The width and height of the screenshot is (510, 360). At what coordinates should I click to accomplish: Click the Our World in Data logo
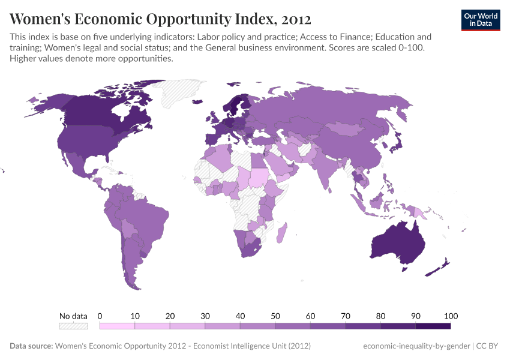tap(480, 20)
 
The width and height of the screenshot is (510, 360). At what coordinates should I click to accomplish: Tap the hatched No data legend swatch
tap(73, 326)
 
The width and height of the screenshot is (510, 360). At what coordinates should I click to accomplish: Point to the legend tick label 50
tap(275, 316)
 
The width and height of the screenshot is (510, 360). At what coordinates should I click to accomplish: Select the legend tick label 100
tap(450, 316)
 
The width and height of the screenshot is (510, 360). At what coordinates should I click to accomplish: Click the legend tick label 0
tap(100, 316)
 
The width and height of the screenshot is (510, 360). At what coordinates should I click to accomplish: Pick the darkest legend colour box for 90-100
tap(433, 326)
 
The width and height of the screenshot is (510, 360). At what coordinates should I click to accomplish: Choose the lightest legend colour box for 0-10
tap(117, 326)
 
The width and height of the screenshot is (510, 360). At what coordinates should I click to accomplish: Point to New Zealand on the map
tap(440, 268)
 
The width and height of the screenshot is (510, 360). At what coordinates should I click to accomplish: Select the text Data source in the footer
tap(31, 346)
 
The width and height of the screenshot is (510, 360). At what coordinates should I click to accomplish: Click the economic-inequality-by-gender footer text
tap(416, 346)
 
